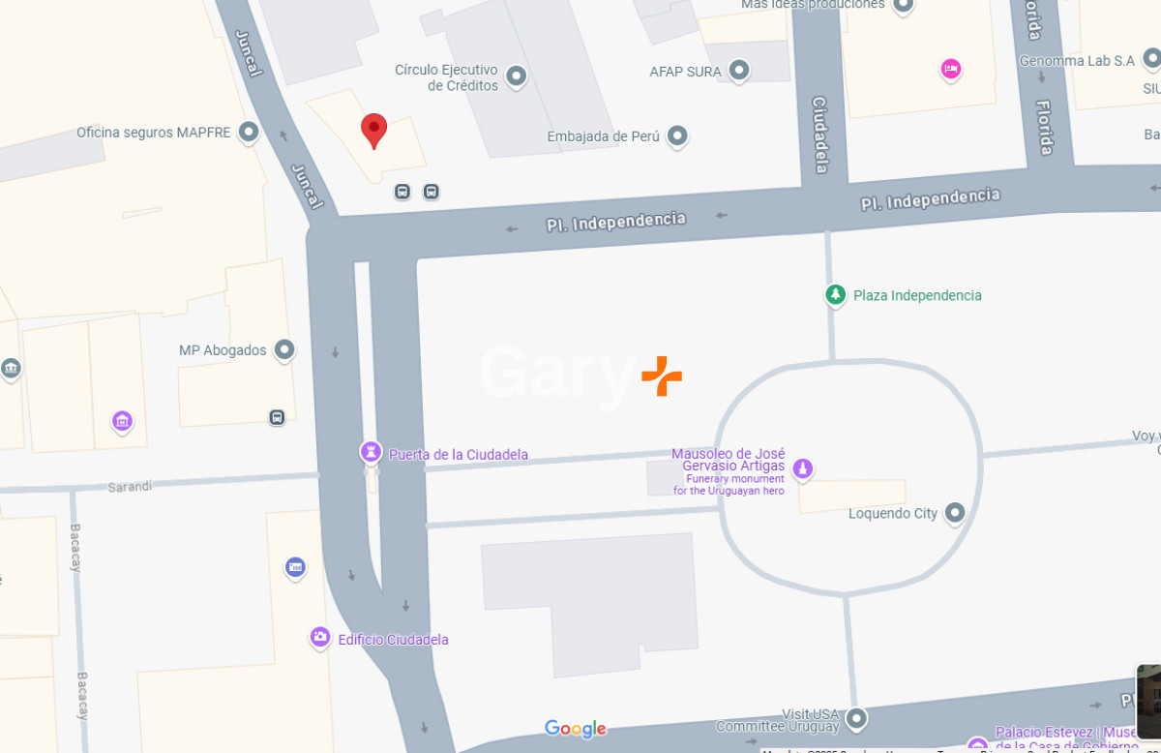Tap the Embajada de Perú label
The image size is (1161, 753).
pos(603,136)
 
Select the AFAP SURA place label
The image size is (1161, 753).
pos(686,71)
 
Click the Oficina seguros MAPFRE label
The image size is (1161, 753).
pos(154,133)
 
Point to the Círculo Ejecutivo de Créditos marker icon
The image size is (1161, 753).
pos(516,75)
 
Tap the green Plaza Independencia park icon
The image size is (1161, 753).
pos(835,294)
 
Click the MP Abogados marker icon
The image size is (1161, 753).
pos(283,349)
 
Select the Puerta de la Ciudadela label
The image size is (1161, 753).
pos(458,455)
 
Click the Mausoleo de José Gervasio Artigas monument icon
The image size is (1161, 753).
pos(802,469)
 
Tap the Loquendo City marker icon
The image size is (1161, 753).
pos(955,512)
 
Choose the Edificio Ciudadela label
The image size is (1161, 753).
pos(393,640)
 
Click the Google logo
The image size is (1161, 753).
pos(576,729)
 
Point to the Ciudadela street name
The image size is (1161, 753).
pos(820,135)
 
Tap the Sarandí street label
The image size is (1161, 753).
pos(130,486)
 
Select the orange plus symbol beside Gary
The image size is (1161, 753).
pos(662,376)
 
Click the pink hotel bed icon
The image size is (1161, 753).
pos(950,69)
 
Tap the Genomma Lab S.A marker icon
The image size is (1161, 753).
pos(1151,61)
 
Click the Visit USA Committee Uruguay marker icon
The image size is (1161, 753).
pos(856,719)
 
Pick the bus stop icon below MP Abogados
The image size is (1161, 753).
pos(278,417)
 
